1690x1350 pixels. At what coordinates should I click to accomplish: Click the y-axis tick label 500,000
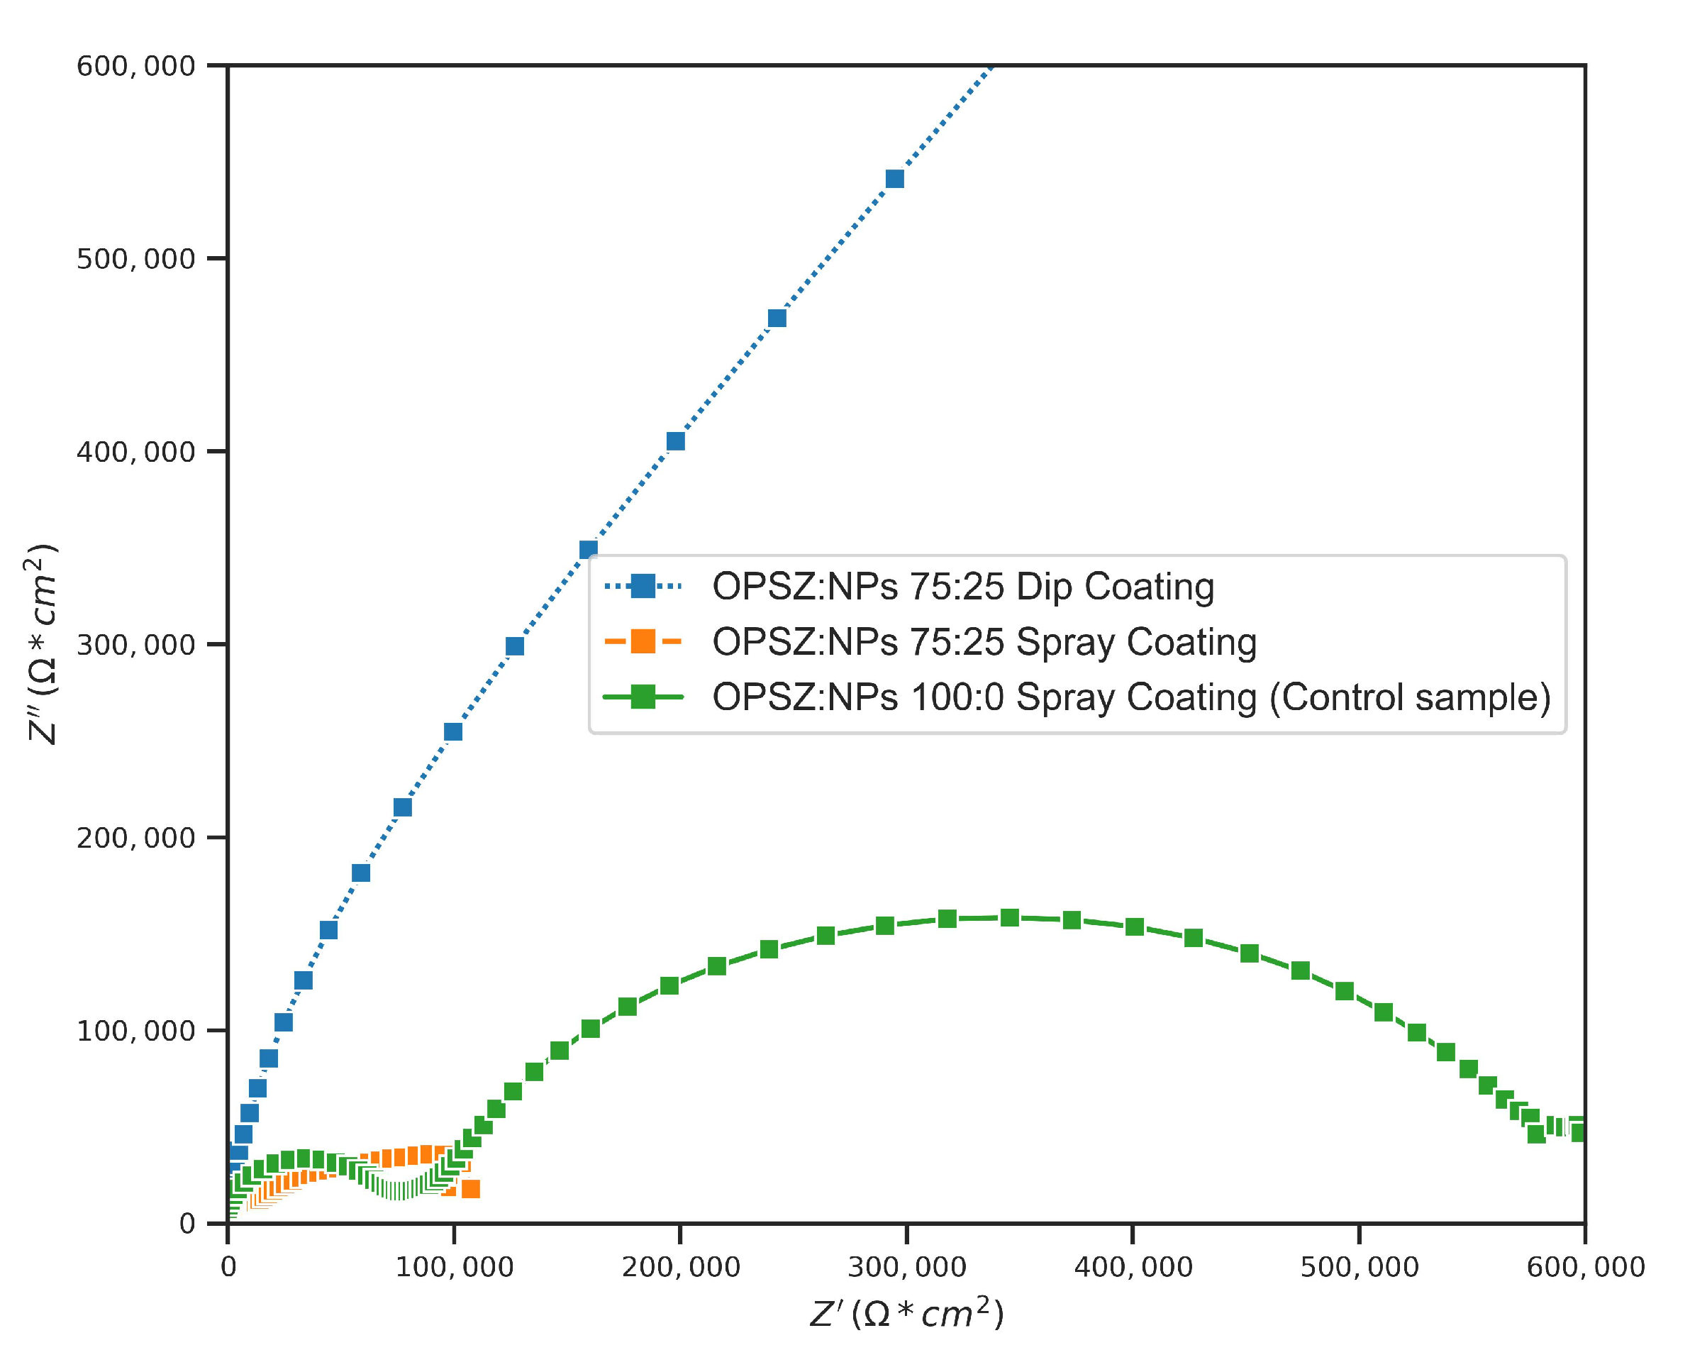click(x=135, y=259)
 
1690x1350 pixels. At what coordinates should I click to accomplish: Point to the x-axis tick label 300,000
click(x=906, y=1267)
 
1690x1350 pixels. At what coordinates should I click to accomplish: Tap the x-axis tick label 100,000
click(x=454, y=1267)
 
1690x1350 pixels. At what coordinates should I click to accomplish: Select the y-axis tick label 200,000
click(x=135, y=838)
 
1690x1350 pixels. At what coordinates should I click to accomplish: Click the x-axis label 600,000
click(x=1585, y=1267)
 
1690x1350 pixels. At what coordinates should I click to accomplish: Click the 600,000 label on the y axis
click(x=135, y=66)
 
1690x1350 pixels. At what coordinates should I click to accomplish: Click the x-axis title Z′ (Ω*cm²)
click(x=906, y=1314)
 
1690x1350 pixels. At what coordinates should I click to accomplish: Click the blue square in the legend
click(x=643, y=586)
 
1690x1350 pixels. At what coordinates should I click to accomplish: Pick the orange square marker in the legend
click(x=643, y=641)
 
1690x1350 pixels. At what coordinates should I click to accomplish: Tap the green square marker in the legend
click(x=643, y=697)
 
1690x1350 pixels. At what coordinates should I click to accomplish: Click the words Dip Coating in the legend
click(x=1115, y=587)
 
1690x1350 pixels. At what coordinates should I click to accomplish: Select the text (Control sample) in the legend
click(x=1409, y=697)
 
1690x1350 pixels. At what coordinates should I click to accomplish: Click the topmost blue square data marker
click(x=894, y=179)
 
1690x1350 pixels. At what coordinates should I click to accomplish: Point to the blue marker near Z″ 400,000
click(x=676, y=441)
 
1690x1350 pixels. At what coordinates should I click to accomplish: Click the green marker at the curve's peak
click(x=1010, y=917)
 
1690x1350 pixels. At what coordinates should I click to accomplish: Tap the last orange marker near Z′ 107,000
click(x=470, y=1189)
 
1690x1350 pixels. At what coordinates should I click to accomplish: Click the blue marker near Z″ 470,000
click(x=777, y=319)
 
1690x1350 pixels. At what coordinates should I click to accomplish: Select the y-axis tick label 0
click(x=187, y=1224)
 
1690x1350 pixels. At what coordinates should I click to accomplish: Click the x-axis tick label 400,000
click(x=1133, y=1267)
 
